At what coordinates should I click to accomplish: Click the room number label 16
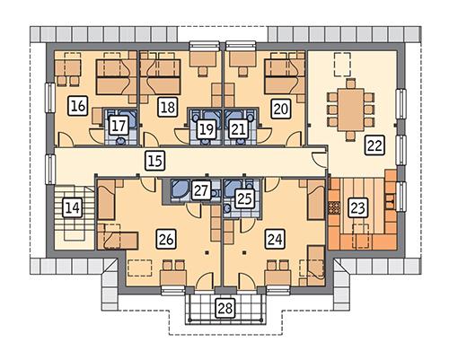tap(77, 107)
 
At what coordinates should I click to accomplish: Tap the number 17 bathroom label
tap(118, 127)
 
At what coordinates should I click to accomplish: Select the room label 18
tap(166, 108)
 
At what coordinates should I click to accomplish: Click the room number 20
tap(279, 108)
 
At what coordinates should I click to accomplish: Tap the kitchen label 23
tap(357, 208)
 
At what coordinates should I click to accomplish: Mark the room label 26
tap(164, 239)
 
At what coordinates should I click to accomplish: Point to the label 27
tap(201, 190)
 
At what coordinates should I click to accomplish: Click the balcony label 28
tap(224, 309)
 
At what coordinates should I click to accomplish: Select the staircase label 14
tap(73, 209)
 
